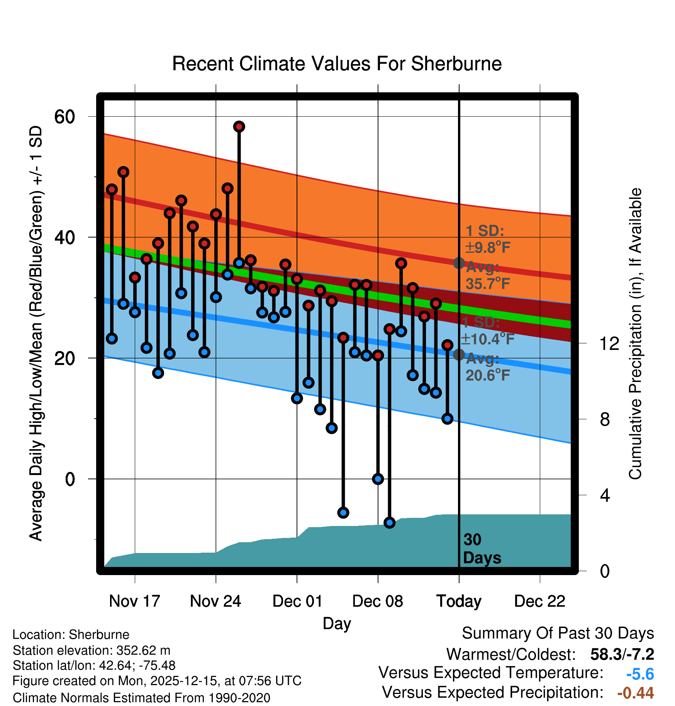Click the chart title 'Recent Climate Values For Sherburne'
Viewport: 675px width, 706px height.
coord(337,64)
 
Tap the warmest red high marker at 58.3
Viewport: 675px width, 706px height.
coord(239,127)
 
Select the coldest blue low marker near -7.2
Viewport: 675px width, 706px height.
coord(389,523)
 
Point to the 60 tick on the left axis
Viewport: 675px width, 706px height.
coord(65,117)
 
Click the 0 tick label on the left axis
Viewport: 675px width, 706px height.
coord(70,479)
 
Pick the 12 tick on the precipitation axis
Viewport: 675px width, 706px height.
coord(609,343)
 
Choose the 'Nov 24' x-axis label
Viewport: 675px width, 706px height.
coord(215,601)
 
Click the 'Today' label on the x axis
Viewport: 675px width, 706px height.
coord(459,601)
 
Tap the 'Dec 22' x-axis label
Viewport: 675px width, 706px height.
coord(539,601)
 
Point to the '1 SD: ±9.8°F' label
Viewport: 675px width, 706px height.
coord(487,239)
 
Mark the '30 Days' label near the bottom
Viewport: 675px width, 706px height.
coord(482,549)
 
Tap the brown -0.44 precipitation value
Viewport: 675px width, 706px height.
coord(635,693)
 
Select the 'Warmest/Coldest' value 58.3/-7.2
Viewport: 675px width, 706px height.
coord(622,654)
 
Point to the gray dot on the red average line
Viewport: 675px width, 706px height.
coord(459,263)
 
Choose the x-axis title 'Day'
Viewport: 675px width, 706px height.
coord(337,623)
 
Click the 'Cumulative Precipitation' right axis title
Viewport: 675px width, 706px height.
coord(635,334)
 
